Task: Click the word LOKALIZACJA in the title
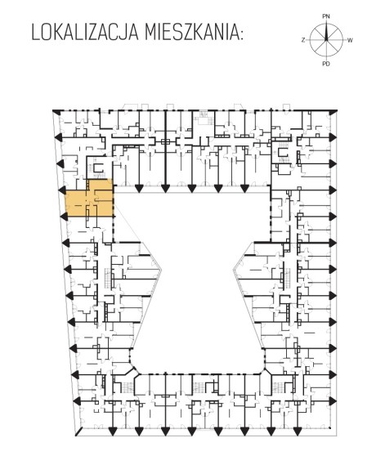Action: click(85, 33)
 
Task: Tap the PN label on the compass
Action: click(326, 16)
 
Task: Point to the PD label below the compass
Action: click(326, 64)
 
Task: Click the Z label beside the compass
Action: click(303, 40)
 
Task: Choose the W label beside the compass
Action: click(350, 40)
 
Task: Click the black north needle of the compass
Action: click(326, 32)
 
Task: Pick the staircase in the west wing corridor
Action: click(108, 278)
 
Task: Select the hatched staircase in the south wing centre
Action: click(199, 387)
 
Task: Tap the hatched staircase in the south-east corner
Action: click(277, 387)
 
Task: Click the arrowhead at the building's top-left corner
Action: click(56, 112)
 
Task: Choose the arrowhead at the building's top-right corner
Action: click(334, 112)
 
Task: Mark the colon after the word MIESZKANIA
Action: click(241, 35)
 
